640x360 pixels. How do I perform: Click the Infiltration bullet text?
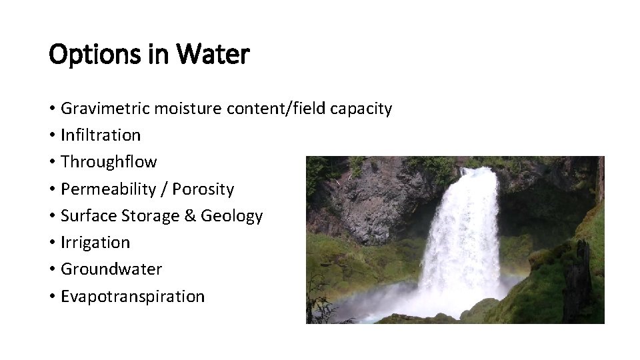coord(101,135)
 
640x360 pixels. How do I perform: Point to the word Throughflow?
coord(109,162)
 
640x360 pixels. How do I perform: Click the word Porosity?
coord(203,189)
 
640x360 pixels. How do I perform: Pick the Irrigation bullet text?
coord(95,243)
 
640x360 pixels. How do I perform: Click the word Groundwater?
coord(111,269)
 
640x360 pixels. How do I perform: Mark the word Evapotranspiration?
coord(133,297)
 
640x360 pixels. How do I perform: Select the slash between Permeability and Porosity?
coord(163,189)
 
